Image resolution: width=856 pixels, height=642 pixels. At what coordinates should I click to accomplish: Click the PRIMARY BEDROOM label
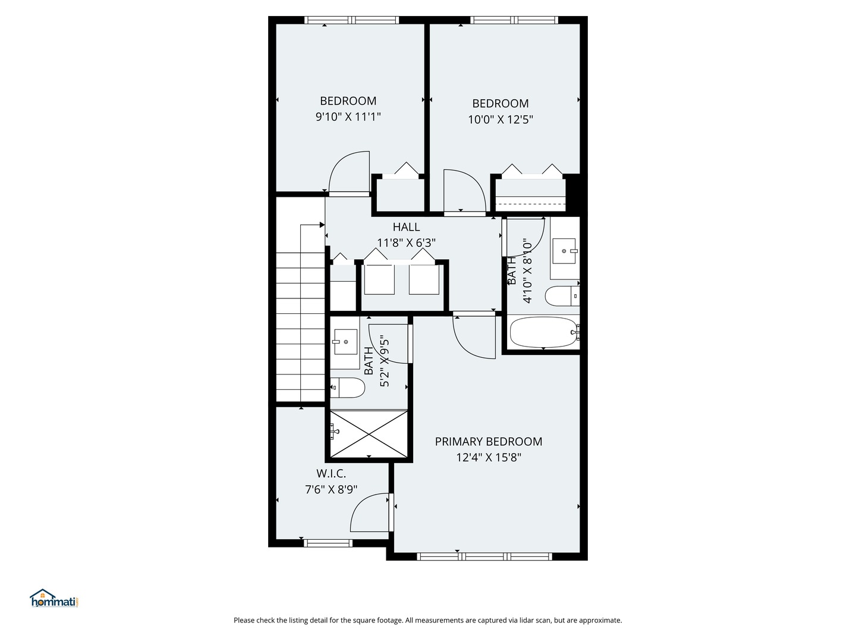(488, 441)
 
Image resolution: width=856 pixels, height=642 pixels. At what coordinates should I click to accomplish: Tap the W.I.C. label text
(331, 473)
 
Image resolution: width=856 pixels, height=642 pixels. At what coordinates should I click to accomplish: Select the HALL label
(406, 227)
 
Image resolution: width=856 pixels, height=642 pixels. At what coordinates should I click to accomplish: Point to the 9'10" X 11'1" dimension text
(348, 117)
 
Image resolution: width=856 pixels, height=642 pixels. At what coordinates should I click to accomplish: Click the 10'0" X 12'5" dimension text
(501, 119)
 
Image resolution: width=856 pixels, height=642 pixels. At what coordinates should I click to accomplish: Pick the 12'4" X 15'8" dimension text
(489, 457)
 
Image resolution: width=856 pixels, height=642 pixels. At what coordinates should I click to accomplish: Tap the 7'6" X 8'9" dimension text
(331, 489)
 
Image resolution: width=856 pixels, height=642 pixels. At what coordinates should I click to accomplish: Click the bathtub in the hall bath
(543, 332)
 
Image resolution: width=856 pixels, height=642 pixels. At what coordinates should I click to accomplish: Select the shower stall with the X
(369, 434)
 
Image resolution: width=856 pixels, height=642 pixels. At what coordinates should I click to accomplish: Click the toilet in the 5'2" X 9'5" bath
(348, 388)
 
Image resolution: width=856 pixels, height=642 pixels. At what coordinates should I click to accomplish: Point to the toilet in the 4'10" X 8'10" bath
(562, 296)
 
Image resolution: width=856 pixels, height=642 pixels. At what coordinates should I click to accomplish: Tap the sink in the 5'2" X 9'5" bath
(345, 342)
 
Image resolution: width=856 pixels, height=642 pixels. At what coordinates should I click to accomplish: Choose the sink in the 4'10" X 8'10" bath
(564, 251)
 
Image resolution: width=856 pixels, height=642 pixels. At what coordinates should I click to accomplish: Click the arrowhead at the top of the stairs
(322, 225)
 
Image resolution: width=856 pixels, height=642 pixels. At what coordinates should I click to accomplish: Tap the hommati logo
(54, 599)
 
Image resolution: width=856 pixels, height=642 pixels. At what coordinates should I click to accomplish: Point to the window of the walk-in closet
(328, 543)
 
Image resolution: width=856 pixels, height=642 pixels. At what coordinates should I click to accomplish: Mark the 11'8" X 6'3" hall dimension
(406, 243)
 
